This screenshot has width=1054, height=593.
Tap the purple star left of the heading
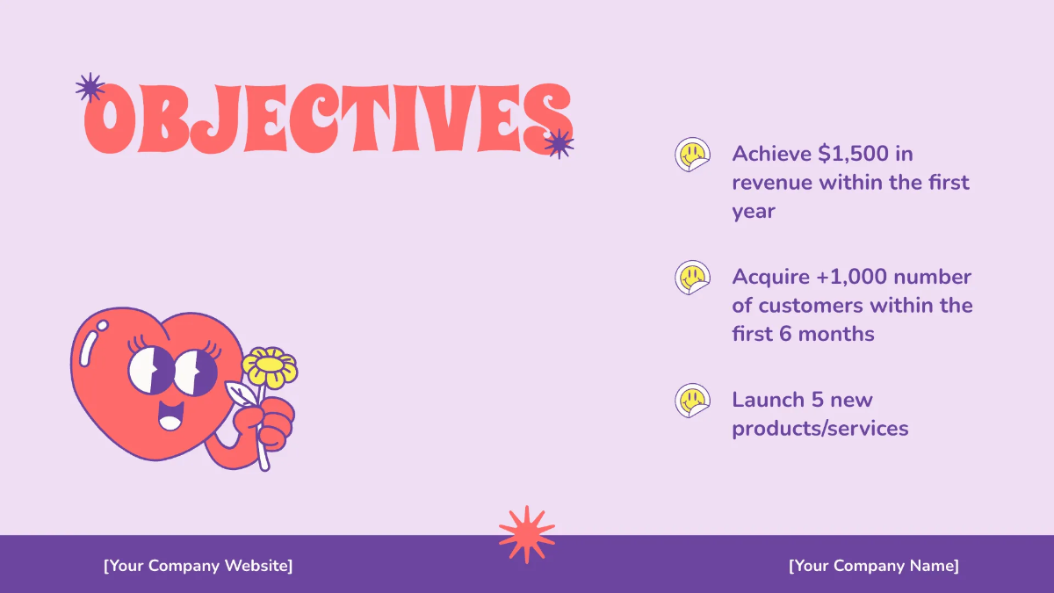tap(90, 87)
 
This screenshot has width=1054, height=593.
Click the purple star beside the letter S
tap(558, 142)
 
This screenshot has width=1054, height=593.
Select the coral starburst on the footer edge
tap(527, 533)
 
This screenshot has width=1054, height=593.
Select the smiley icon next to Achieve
tap(691, 155)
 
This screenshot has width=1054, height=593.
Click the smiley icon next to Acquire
tap(691, 278)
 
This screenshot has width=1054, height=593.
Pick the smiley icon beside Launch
tap(691, 401)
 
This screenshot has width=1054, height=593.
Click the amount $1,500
tap(853, 154)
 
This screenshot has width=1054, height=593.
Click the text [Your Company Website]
tap(199, 565)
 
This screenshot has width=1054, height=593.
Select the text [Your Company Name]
tap(873, 565)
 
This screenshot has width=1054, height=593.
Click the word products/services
tap(819, 429)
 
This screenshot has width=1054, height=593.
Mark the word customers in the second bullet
tap(811, 306)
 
